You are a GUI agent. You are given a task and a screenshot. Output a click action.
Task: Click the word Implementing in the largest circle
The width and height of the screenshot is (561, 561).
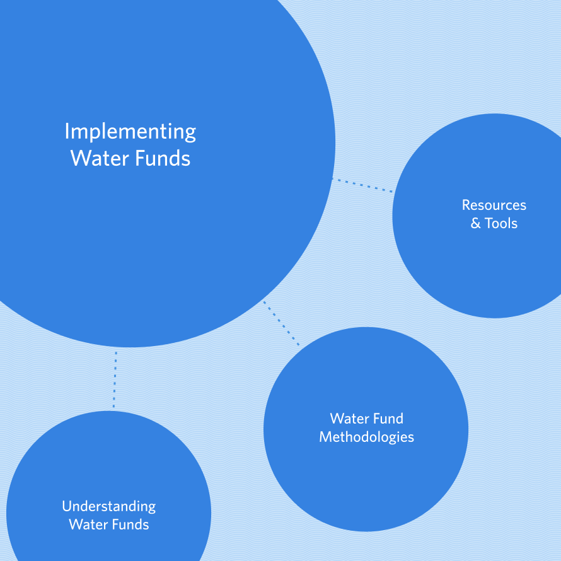click(130, 132)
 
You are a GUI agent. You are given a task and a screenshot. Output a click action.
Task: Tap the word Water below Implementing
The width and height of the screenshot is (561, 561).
click(98, 158)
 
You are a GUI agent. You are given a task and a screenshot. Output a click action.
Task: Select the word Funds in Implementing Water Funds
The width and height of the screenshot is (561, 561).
click(161, 158)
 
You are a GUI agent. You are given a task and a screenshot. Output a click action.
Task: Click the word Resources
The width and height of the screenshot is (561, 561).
click(494, 205)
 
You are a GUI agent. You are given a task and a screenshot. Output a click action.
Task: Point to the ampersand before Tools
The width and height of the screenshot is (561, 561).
click(476, 224)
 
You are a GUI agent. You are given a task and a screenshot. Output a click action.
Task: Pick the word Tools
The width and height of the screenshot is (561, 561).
click(502, 224)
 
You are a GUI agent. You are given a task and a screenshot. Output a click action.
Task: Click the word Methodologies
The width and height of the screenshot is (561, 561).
click(366, 437)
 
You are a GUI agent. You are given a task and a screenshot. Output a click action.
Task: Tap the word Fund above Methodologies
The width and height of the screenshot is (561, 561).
click(388, 419)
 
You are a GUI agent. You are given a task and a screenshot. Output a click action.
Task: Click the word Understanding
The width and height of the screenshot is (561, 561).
click(108, 506)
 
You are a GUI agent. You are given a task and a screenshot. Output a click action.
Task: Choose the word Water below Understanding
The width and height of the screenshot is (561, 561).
click(88, 524)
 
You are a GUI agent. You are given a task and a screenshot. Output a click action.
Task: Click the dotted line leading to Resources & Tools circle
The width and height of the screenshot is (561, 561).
click(362, 185)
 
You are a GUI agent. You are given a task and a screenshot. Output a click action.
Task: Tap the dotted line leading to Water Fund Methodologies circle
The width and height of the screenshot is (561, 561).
click(281, 323)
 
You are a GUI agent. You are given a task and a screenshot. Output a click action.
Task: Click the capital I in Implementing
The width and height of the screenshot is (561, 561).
click(67, 132)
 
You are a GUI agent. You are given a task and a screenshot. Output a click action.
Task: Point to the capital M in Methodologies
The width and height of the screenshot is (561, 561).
click(325, 437)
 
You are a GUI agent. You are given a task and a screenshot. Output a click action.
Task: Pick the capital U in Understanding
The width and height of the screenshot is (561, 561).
click(66, 506)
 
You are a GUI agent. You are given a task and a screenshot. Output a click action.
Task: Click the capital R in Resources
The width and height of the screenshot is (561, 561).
click(466, 205)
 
